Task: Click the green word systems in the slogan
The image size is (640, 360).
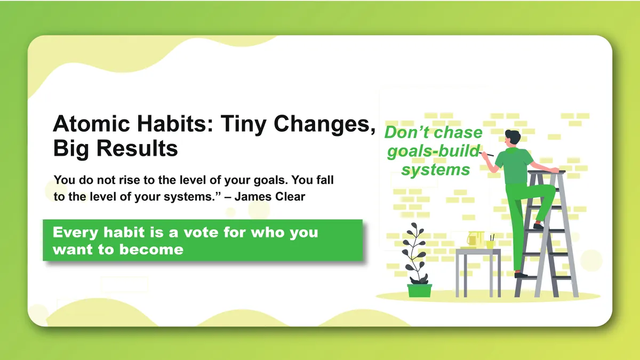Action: [x=436, y=170]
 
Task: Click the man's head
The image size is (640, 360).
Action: [x=513, y=138]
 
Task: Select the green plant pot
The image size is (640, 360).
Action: [x=419, y=291]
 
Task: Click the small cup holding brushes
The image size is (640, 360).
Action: [x=490, y=244]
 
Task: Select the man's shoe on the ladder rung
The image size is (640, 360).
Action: [x=539, y=226]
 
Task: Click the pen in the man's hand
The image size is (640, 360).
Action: [x=487, y=154]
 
